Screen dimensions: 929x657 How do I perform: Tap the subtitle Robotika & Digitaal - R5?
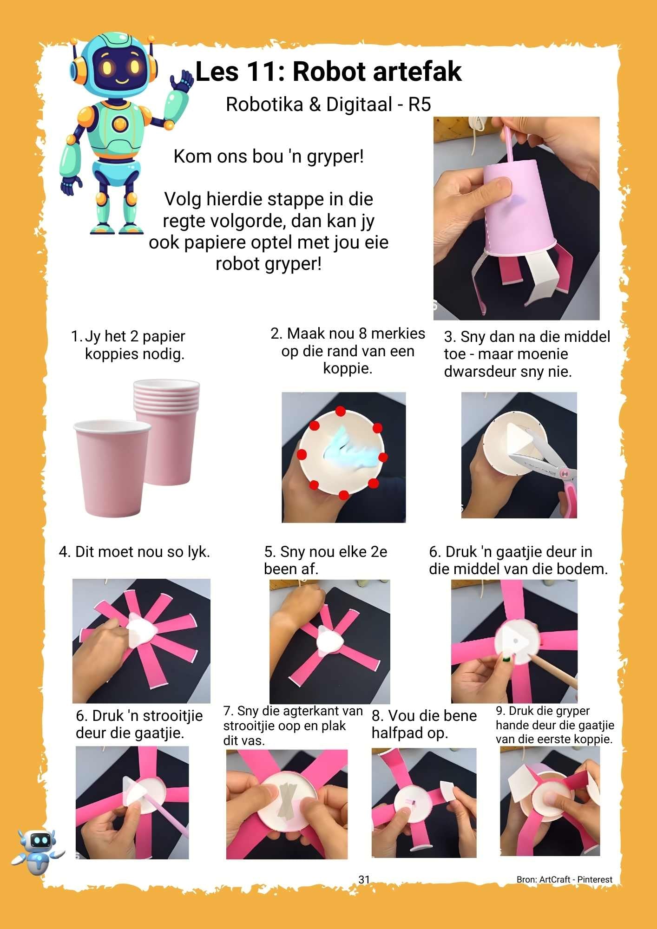[x=328, y=105]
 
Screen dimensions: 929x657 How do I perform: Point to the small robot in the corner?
[x=38, y=850]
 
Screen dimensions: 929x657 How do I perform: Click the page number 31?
[x=364, y=879]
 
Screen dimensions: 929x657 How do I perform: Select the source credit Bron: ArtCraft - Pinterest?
[x=564, y=879]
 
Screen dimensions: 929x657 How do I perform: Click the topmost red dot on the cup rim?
[x=341, y=412]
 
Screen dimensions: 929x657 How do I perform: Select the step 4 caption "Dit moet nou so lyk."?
[x=135, y=552]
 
